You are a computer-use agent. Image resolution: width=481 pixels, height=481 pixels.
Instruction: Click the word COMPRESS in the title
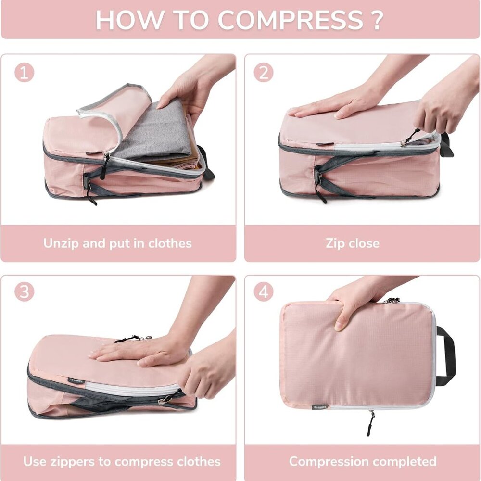[x=290, y=20]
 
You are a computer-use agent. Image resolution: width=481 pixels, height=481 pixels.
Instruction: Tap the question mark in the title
[x=377, y=20]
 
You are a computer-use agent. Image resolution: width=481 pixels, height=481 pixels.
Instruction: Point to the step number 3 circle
[x=25, y=292]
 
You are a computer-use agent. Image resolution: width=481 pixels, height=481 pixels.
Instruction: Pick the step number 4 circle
[x=264, y=292]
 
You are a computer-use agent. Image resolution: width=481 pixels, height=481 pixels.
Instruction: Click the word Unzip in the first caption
[x=61, y=243]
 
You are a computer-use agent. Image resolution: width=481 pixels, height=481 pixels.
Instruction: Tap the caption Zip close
[x=353, y=243]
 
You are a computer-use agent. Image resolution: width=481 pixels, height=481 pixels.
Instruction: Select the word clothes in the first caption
[x=170, y=243]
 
